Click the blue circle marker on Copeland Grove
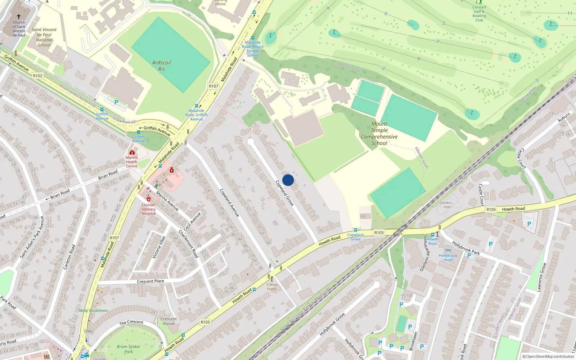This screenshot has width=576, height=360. (288, 180)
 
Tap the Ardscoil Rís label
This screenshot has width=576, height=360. (161, 66)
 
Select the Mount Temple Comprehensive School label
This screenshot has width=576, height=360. (379, 134)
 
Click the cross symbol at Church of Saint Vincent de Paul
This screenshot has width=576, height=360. (19, 17)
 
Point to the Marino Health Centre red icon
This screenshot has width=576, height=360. (132, 153)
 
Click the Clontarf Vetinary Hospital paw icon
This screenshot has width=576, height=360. (149, 199)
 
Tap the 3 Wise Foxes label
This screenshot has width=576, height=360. (272, 287)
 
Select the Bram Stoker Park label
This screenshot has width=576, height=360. (129, 349)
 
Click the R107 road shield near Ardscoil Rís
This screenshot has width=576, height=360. (213, 86)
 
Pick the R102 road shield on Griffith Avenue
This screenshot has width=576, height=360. (37, 76)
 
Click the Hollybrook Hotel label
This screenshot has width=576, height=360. (448, 257)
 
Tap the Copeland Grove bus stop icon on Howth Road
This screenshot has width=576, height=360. (355, 230)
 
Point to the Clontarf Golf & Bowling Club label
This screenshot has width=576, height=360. (479, 14)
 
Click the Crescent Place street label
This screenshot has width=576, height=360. (150, 281)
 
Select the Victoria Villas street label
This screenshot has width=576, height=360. (158, 247)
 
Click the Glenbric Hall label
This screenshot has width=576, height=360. (446, 205)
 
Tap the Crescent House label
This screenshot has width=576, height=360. (168, 321)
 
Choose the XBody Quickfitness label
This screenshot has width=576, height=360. (93, 310)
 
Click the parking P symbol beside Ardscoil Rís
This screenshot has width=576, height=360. (116, 102)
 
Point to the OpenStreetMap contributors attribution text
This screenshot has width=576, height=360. (548, 356)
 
